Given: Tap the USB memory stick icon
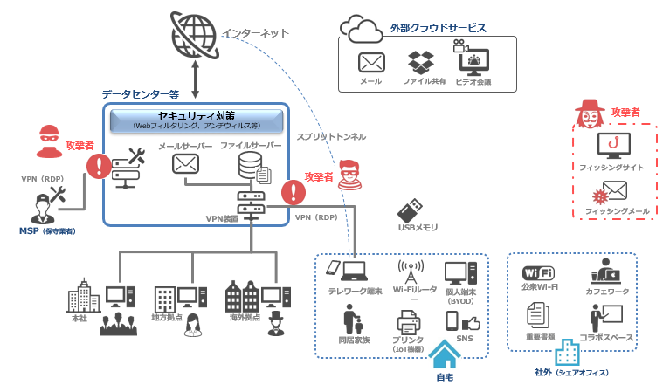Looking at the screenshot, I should click(x=411, y=211).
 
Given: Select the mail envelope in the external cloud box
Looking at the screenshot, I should click(x=371, y=63).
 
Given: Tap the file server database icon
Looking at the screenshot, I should click(x=251, y=164).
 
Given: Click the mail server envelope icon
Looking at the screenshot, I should click(x=185, y=164).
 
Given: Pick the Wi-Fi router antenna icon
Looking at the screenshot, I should click(x=410, y=271).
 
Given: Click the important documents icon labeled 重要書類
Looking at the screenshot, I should click(x=536, y=314).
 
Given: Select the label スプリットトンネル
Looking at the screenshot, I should click(x=331, y=136).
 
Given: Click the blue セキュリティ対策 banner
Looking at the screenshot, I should click(x=196, y=120).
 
